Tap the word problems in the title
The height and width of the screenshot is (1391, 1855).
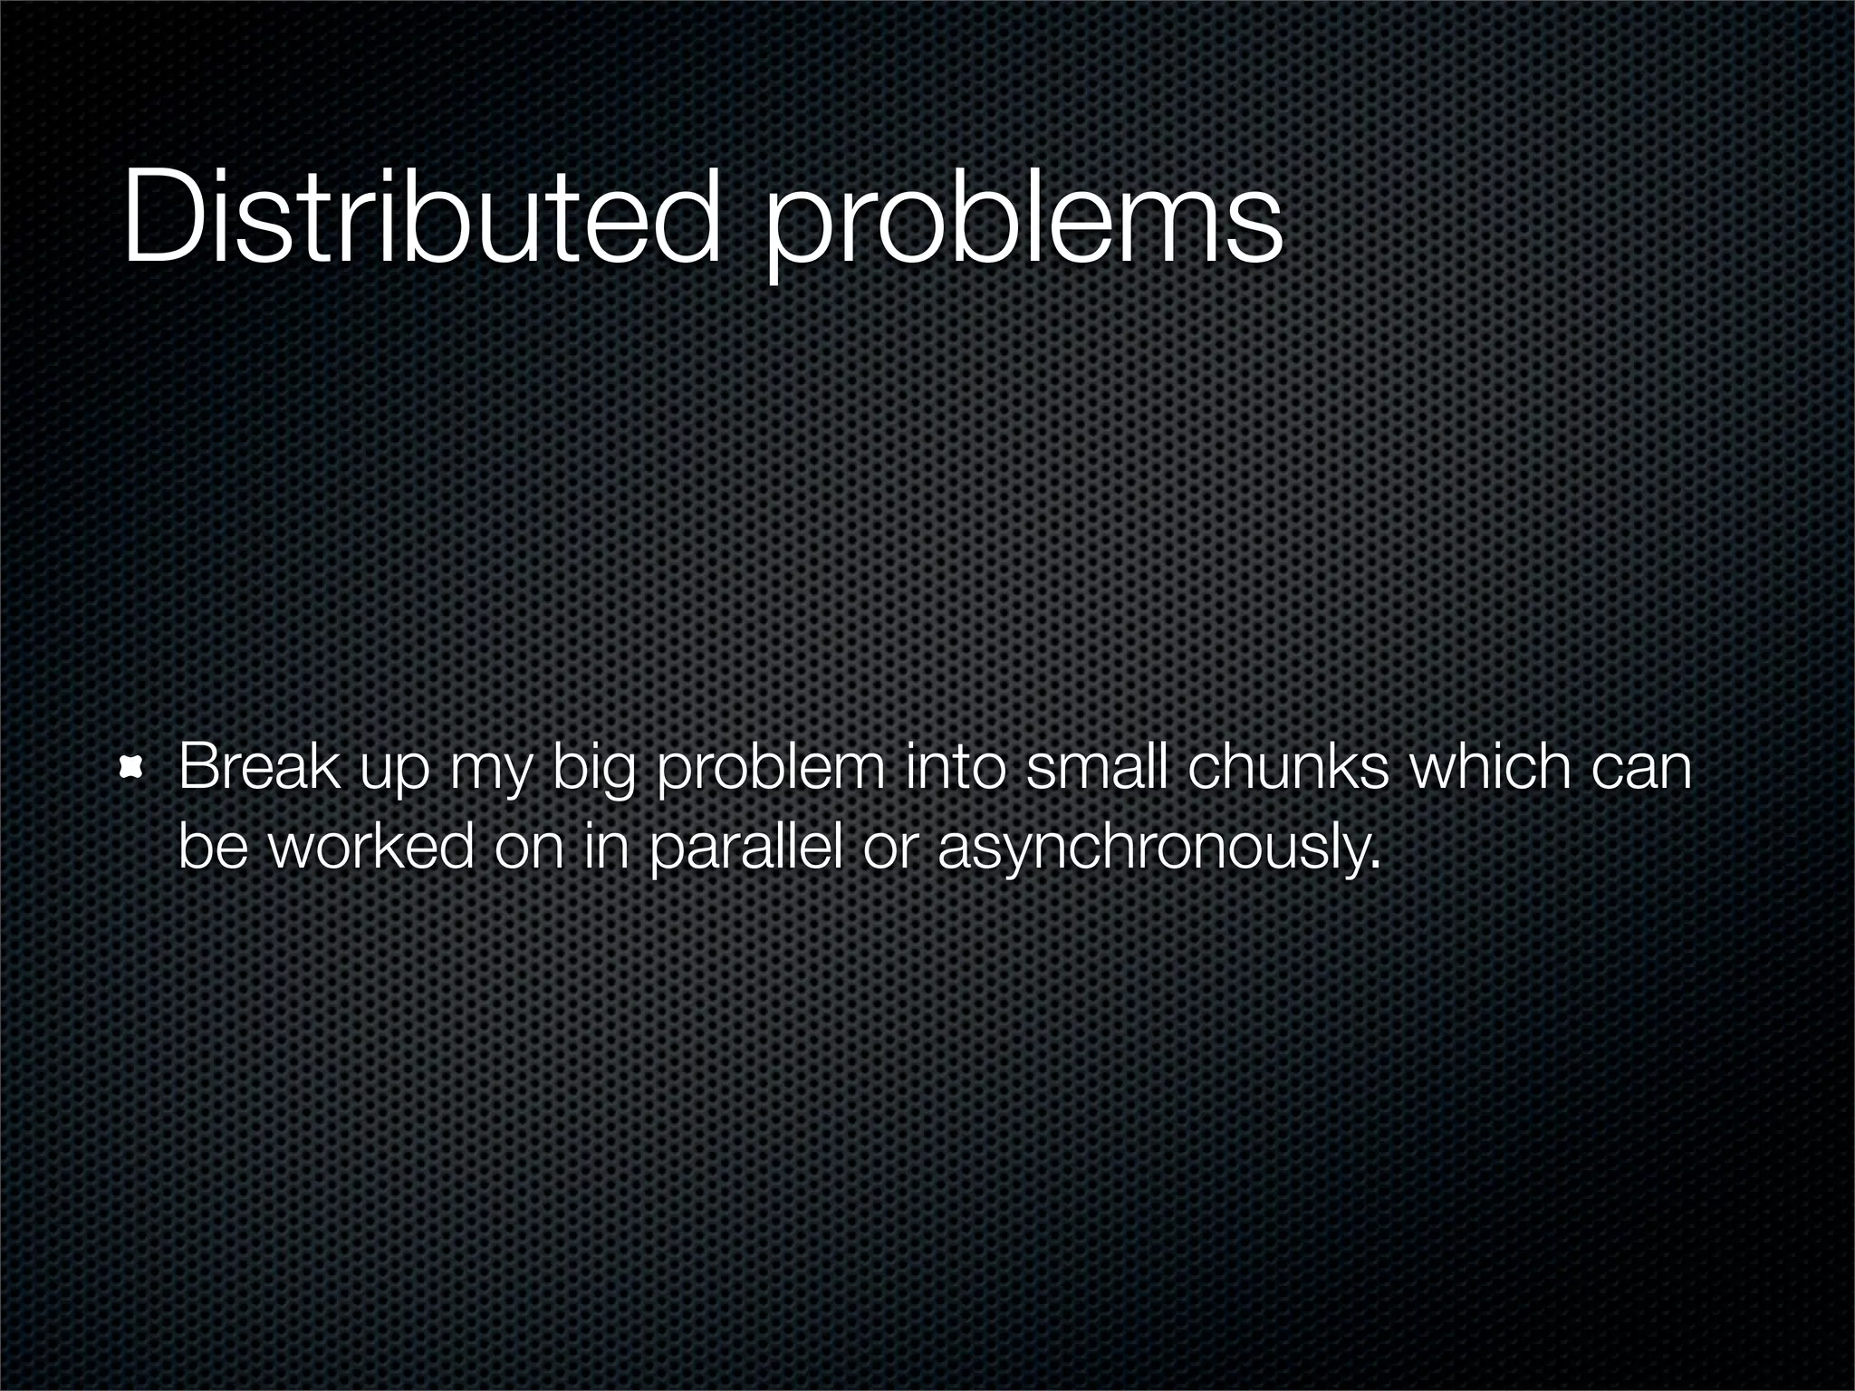(x=1023, y=222)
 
